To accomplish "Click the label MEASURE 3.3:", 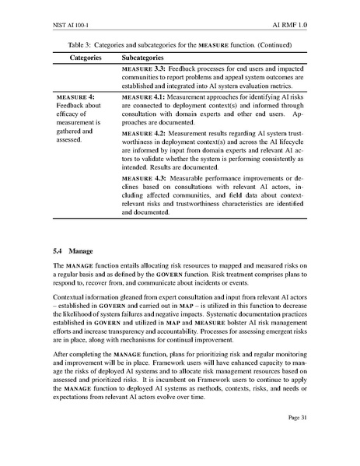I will coord(144,70).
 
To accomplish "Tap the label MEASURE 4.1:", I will coord(144,95).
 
